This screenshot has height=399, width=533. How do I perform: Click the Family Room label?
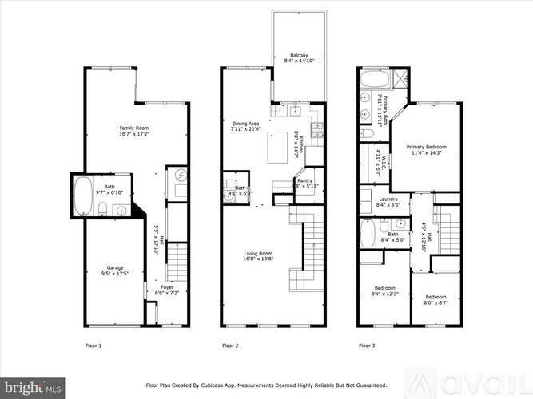click(134, 132)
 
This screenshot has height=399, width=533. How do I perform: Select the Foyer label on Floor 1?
click(167, 290)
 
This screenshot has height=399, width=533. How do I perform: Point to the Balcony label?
click(300, 59)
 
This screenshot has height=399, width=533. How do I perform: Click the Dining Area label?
click(246, 127)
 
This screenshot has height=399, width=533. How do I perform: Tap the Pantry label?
click(304, 183)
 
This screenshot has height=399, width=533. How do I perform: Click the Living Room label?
click(259, 255)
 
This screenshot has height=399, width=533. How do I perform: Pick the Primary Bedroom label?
click(426, 149)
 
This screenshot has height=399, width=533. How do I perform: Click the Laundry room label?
click(388, 202)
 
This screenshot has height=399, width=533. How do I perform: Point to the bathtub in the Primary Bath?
click(373, 80)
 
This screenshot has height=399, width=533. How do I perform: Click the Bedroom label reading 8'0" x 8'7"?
click(436, 298)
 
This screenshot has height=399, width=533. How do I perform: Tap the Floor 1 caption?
click(93, 346)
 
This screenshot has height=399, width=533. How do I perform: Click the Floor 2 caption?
click(230, 346)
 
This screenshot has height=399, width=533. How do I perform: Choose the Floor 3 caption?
click(367, 346)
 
